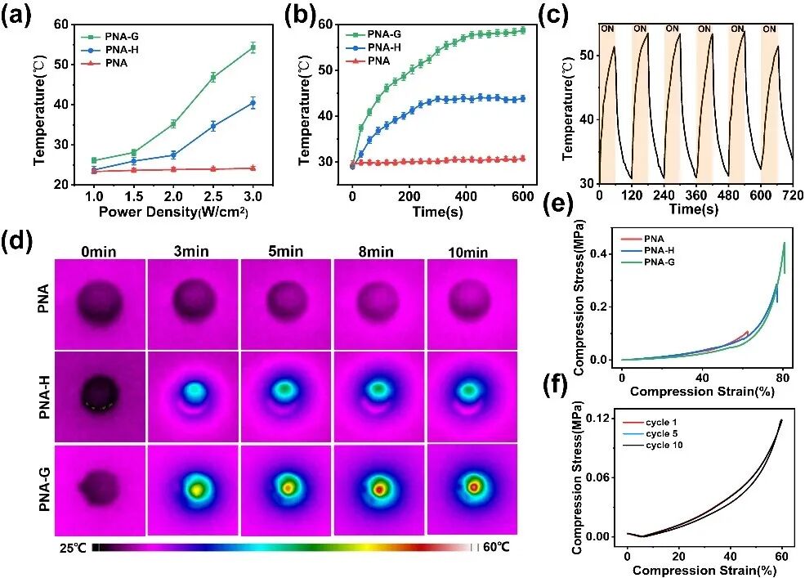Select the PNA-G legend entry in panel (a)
coord(110,37)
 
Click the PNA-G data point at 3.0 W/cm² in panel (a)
coord(253,47)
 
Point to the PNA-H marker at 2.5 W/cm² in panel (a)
coord(213,125)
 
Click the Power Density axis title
coord(173,212)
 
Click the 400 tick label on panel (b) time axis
coord(465,195)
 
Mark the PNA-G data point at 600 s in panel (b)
coord(522,30)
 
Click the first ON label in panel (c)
coord(607,29)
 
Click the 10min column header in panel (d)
coord(467,252)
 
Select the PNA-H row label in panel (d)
coord(45,397)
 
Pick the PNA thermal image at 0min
coord(100,304)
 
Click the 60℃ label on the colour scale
coord(496,547)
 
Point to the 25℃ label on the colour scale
coord(73,549)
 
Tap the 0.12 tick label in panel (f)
coord(604,419)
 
